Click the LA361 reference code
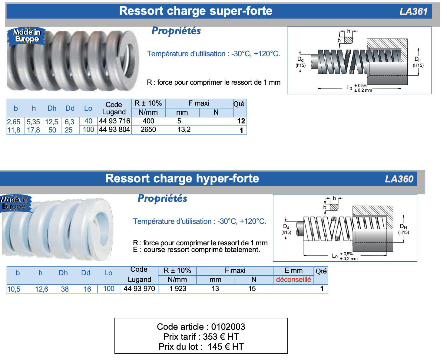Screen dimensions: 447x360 point(414,11)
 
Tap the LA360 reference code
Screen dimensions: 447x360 point(399,179)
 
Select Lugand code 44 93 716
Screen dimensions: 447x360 point(114,121)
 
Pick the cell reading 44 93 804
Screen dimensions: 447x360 point(114,129)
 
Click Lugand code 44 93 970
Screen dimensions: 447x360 point(139,289)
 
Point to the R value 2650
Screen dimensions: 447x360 point(148,129)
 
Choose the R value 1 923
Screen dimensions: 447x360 point(178,289)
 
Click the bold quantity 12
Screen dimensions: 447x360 point(241,121)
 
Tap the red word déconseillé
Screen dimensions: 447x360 point(293,280)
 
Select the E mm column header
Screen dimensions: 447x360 point(293,270)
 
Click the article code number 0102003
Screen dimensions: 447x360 point(228,327)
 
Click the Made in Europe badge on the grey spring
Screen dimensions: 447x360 point(27,36)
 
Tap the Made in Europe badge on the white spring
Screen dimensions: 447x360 point(15,203)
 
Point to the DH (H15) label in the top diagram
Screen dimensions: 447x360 point(418,62)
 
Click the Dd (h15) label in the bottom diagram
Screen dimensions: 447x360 point(286,229)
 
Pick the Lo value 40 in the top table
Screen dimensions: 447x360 point(88,121)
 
